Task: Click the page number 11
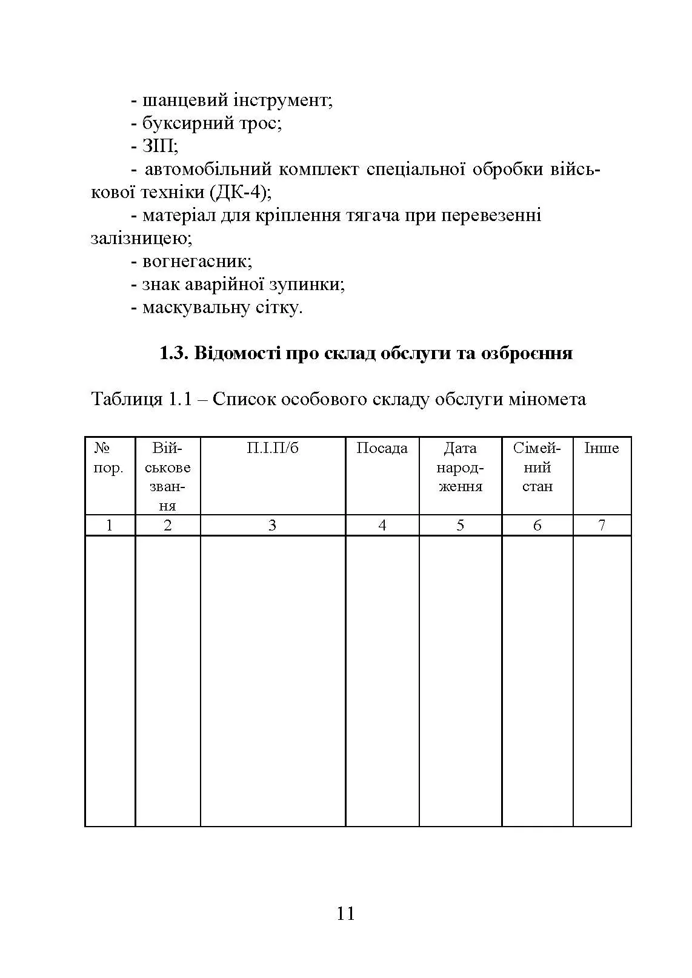(345, 913)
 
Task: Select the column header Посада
(382, 449)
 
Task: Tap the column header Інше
(601, 449)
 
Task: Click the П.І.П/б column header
(273, 449)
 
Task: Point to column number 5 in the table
(460, 526)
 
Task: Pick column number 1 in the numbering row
(109, 526)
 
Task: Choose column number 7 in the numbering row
(602, 526)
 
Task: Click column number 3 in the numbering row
(272, 526)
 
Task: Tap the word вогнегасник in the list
(196, 262)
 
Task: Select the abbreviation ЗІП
(159, 147)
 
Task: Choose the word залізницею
(141, 239)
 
